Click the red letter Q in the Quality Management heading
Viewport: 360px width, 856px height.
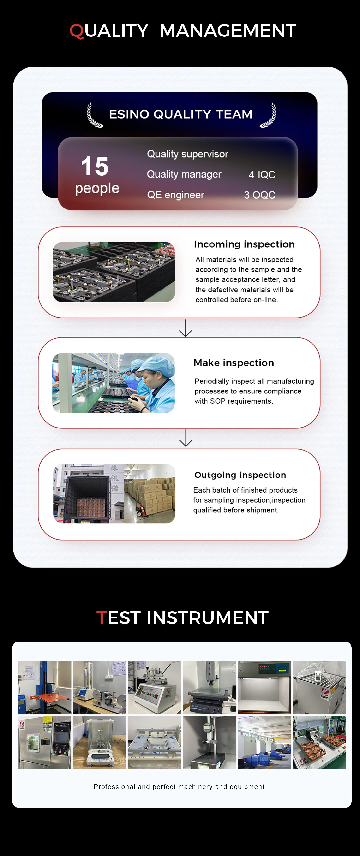click(x=77, y=31)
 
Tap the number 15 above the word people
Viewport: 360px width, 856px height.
click(x=95, y=166)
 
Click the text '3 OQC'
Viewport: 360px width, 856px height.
click(x=260, y=195)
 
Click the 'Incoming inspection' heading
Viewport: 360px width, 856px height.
click(x=244, y=244)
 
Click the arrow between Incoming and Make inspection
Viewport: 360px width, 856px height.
click(x=185, y=328)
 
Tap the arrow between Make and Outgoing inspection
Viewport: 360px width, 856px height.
click(x=186, y=438)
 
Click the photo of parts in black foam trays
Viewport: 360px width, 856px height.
click(x=114, y=272)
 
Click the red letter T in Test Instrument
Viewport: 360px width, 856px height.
click(x=101, y=618)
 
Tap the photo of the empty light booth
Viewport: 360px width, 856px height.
click(x=264, y=688)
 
